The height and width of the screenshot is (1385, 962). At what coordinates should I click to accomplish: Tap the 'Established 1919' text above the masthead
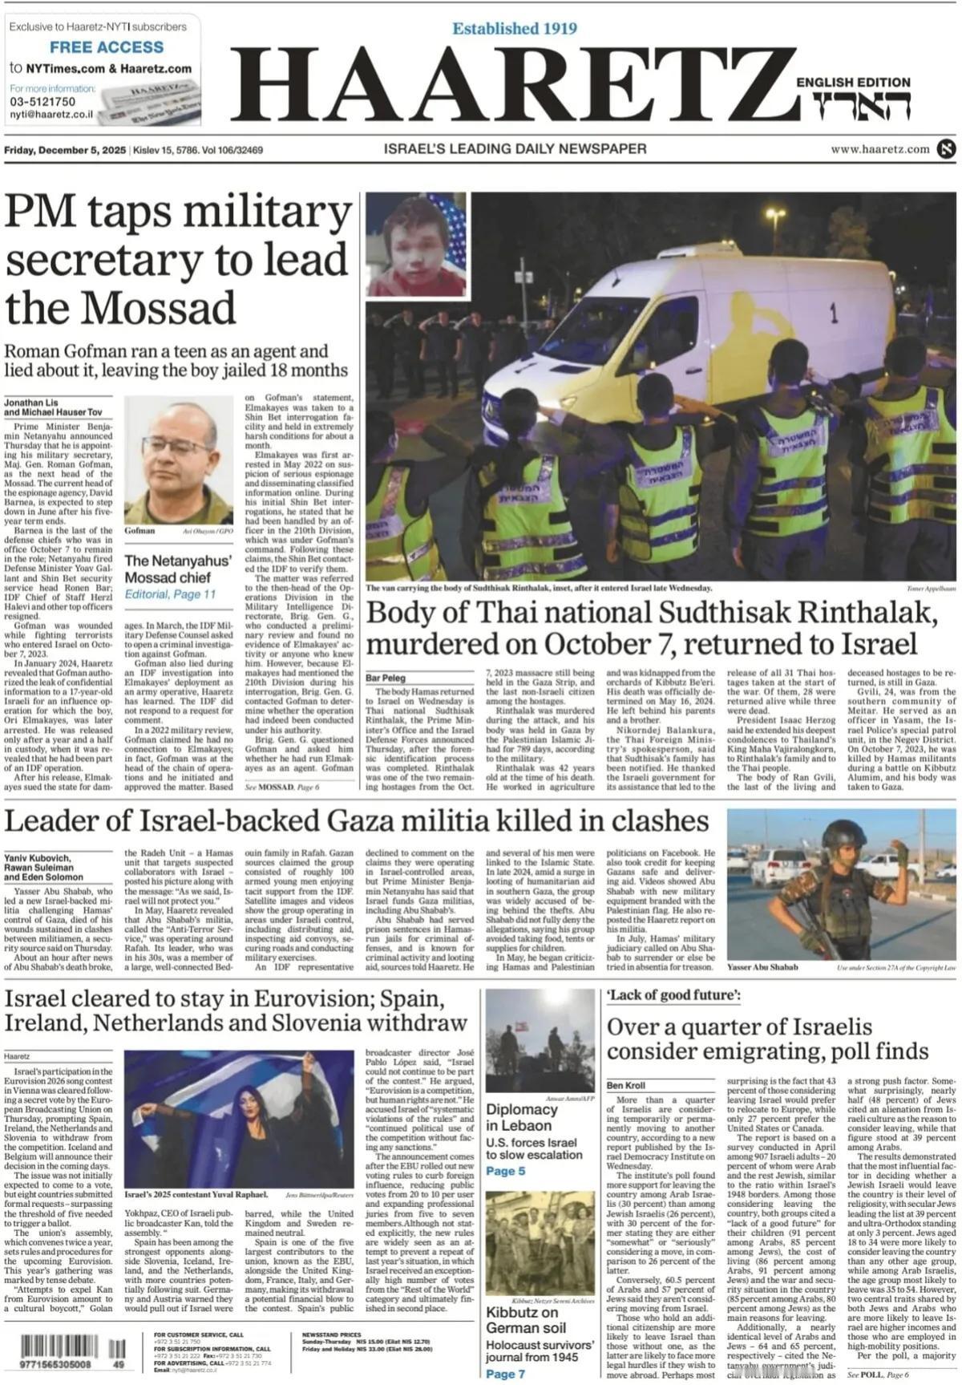click(515, 29)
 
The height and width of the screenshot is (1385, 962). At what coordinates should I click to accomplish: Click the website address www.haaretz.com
click(879, 149)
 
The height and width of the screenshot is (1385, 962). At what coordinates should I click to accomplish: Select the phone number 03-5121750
click(42, 102)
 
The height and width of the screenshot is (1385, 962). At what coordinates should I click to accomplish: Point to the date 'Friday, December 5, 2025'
click(65, 150)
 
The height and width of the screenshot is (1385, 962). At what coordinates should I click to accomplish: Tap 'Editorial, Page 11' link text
click(170, 594)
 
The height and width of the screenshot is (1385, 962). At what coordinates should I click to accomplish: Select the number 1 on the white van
click(834, 313)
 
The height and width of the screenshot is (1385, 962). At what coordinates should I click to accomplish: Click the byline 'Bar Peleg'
click(386, 678)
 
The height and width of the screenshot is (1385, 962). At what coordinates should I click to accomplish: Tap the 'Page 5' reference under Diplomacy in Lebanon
click(505, 1171)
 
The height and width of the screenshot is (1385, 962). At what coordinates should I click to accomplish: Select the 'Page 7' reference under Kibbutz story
click(505, 1374)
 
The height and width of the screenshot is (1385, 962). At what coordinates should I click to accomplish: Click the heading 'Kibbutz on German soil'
click(526, 1320)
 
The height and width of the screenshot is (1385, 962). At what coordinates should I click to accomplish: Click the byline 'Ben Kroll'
click(626, 1086)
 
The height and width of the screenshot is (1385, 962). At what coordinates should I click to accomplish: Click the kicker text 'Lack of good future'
click(673, 995)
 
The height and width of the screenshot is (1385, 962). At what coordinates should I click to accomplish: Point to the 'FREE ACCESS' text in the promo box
click(107, 47)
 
